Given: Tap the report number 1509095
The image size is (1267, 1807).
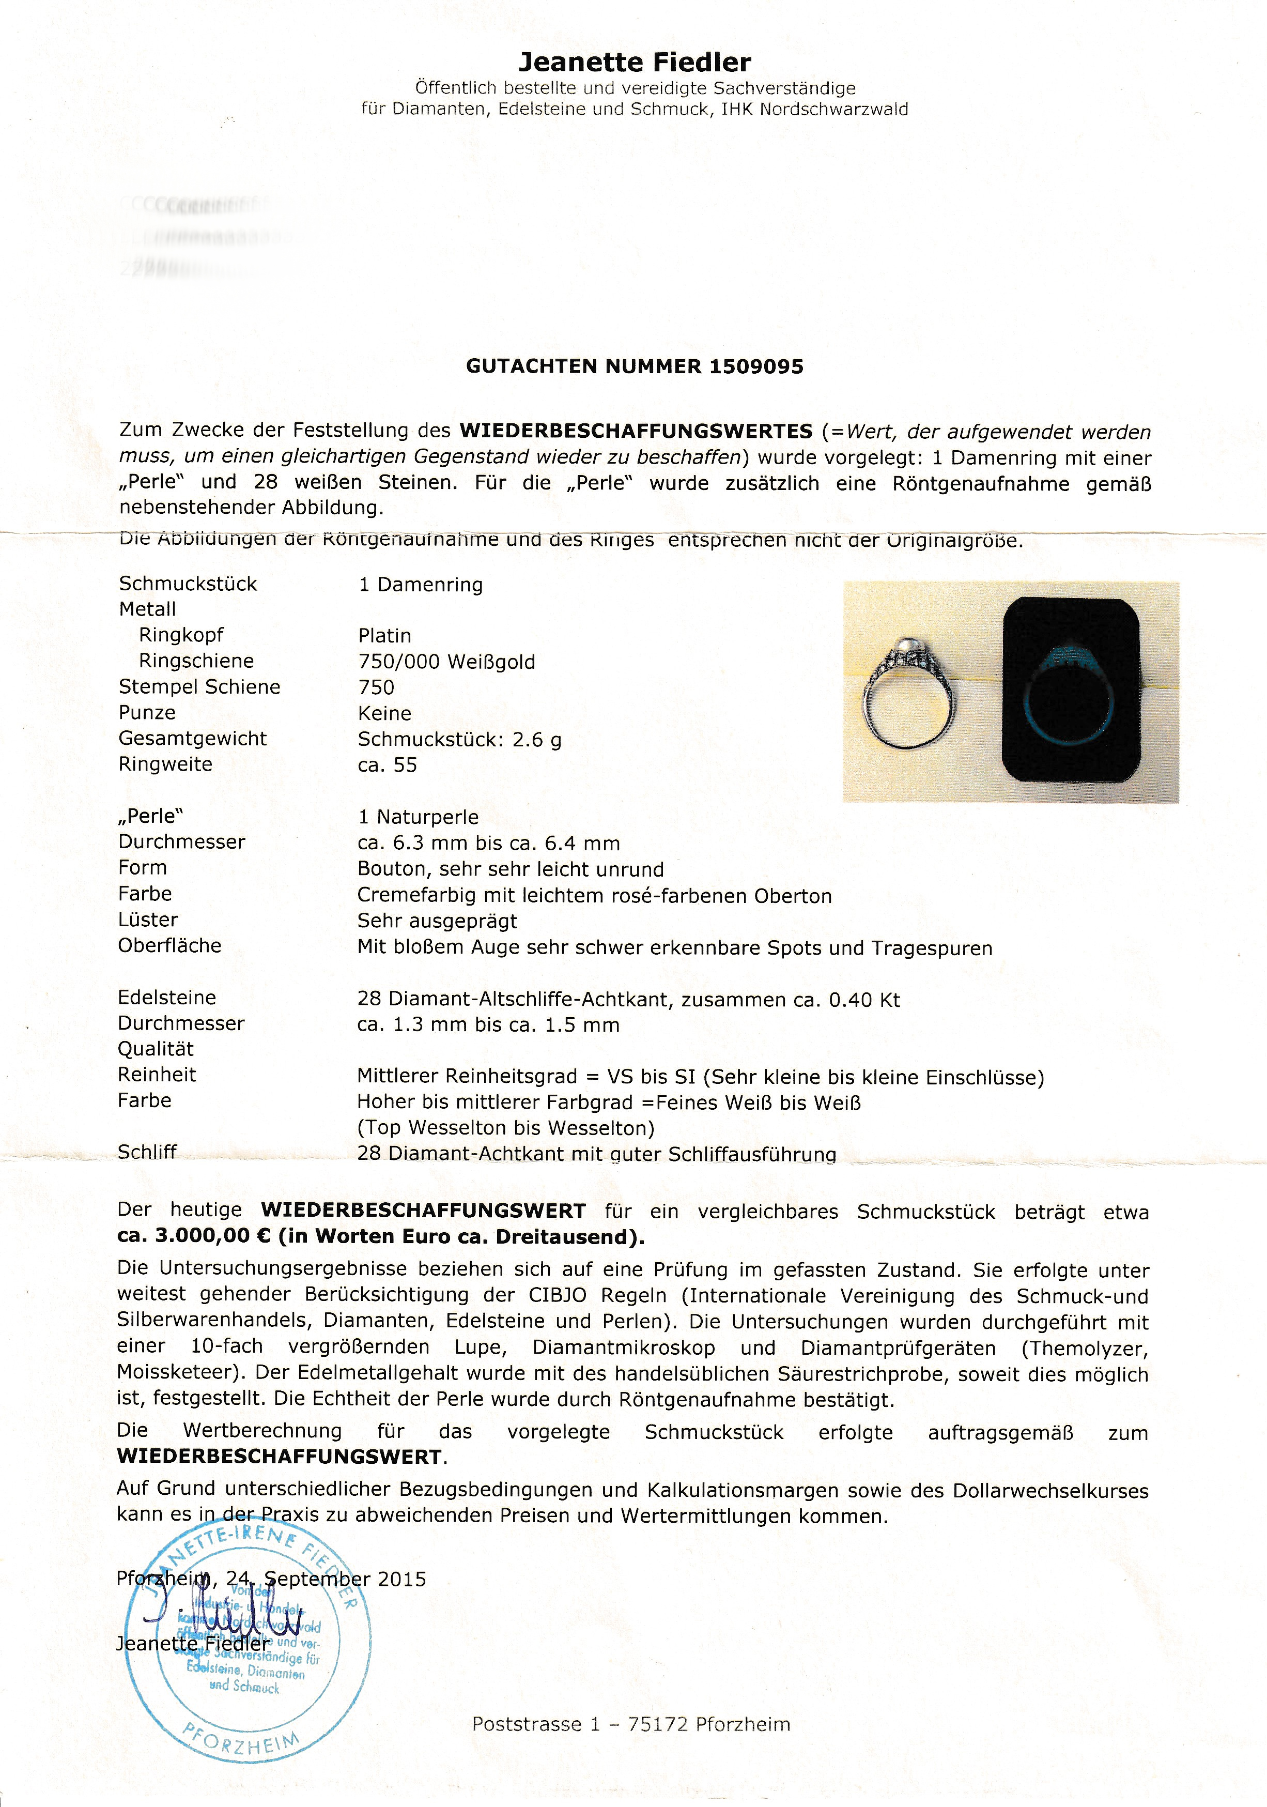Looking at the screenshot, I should click(x=756, y=367).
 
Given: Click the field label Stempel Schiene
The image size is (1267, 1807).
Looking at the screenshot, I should click(x=199, y=686).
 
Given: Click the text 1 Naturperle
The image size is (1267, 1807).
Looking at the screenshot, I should click(x=418, y=817).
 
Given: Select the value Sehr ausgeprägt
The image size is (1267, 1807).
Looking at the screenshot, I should click(x=437, y=921).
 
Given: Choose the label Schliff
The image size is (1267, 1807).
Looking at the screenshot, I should click(x=147, y=1152).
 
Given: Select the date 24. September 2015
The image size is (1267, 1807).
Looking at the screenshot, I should click(x=326, y=1579).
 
